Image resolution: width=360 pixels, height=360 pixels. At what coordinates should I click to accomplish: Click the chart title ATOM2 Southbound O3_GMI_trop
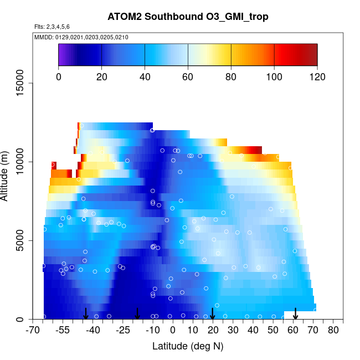188,17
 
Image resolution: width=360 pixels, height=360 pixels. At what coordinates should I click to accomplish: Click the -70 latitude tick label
34,331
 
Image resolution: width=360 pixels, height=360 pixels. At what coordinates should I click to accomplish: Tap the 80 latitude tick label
333,331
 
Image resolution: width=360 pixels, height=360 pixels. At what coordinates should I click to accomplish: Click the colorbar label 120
317,77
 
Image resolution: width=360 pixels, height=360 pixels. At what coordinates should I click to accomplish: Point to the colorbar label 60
188,77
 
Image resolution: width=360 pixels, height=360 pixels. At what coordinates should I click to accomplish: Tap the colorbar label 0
58,77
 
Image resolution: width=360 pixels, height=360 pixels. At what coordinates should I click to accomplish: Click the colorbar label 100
274,77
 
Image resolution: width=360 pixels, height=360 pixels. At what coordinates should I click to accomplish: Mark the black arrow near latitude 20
213,314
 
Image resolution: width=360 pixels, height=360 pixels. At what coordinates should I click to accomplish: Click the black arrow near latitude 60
295,314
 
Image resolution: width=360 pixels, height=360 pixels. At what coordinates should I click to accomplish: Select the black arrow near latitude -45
86,314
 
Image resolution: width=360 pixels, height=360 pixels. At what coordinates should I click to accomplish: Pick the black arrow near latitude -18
137,314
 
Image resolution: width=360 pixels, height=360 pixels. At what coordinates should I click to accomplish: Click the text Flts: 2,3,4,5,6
52,27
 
